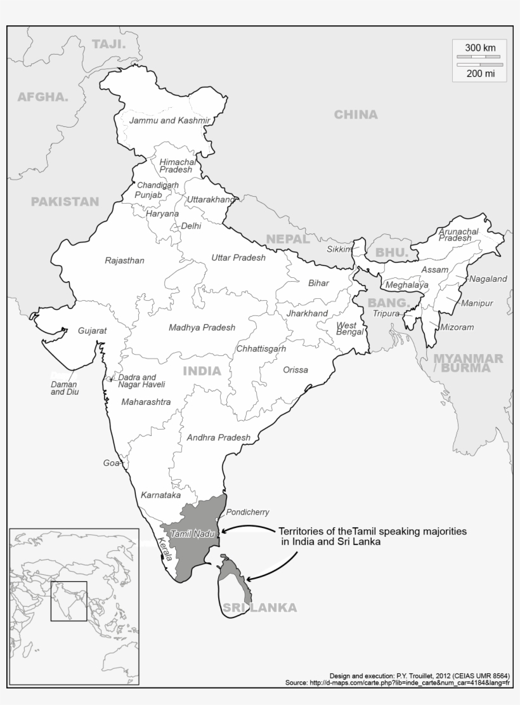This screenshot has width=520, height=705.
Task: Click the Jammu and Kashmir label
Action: [x=169, y=120]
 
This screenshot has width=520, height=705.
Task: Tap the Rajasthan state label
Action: [x=124, y=260]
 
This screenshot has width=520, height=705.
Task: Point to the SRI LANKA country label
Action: [x=259, y=607]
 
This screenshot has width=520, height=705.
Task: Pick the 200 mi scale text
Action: [x=480, y=74]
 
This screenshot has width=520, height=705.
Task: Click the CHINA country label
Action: [x=356, y=115]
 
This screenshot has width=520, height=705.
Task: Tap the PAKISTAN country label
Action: [x=65, y=202]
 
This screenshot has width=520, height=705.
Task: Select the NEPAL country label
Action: [x=288, y=239]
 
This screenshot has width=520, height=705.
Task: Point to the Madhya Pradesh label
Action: [x=202, y=327]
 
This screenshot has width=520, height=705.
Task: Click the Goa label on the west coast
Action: [x=111, y=463]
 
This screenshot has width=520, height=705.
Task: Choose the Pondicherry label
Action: [x=247, y=512]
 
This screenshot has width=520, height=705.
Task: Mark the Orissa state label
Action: [x=296, y=370]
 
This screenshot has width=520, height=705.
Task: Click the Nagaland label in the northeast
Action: [x=488, y=279]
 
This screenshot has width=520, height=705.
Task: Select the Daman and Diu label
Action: [x=64, y=388]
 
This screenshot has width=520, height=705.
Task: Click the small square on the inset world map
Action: [x=68, y=601]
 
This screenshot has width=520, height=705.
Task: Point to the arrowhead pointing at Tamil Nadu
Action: [x=223, y=530]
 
